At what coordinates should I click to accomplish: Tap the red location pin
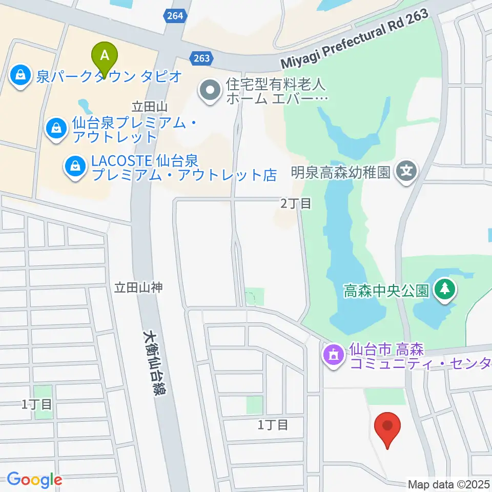(x=387, y=429)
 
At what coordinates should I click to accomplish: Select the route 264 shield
(x=175, y=16)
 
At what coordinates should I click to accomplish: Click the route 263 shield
(x=201, y=58)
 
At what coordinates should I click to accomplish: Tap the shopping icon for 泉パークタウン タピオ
(x=20, y=75)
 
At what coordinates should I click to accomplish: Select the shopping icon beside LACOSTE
(x=75, y=166)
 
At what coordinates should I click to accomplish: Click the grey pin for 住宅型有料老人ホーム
(x=210, y=91)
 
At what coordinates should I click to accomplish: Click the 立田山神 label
(x=138, y=288)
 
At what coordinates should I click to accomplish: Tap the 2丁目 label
(x=296, y=203)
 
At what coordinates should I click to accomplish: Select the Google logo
(x=34, y=480)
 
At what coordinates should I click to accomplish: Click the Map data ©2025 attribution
(x=449, y=484)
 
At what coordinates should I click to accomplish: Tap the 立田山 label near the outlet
(x=150, y=107)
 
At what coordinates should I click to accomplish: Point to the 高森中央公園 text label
(x=386, y=291)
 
